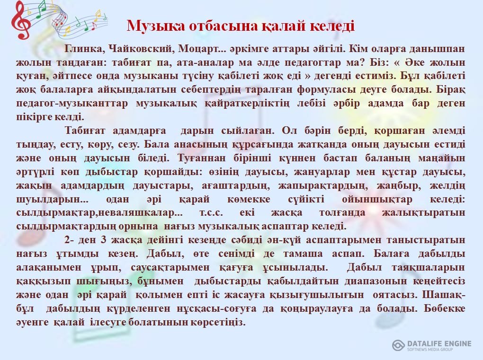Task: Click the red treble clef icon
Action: [x=21, y=20]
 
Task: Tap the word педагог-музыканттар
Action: [x=72, y=104]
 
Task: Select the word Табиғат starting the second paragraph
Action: [x=85, y=131]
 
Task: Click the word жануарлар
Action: [x=322, y=172]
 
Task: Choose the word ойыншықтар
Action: [x=377, y=199]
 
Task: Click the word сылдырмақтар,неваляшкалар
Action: [x=99, y=212]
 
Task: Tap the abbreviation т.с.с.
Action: [x=211, y=212]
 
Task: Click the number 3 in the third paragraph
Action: [x=104, y=240]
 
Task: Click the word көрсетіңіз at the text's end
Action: [x=218, y=322]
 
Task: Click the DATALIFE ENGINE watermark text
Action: [x=439, y=344]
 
